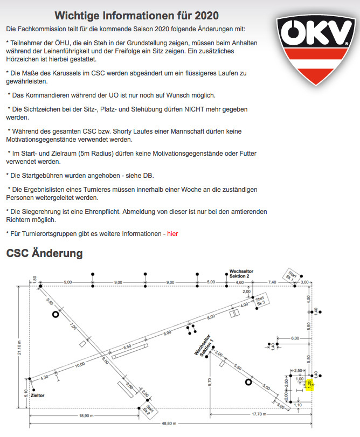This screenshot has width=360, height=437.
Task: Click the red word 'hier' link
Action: (x=172, y=233)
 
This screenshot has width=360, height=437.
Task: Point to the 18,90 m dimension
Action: (x=81, y=415)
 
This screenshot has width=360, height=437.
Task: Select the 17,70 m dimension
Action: (x=259, y=414)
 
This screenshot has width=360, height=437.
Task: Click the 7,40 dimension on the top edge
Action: (x=272, y=281)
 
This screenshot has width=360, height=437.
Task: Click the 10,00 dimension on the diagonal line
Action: (x=80, y=365)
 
